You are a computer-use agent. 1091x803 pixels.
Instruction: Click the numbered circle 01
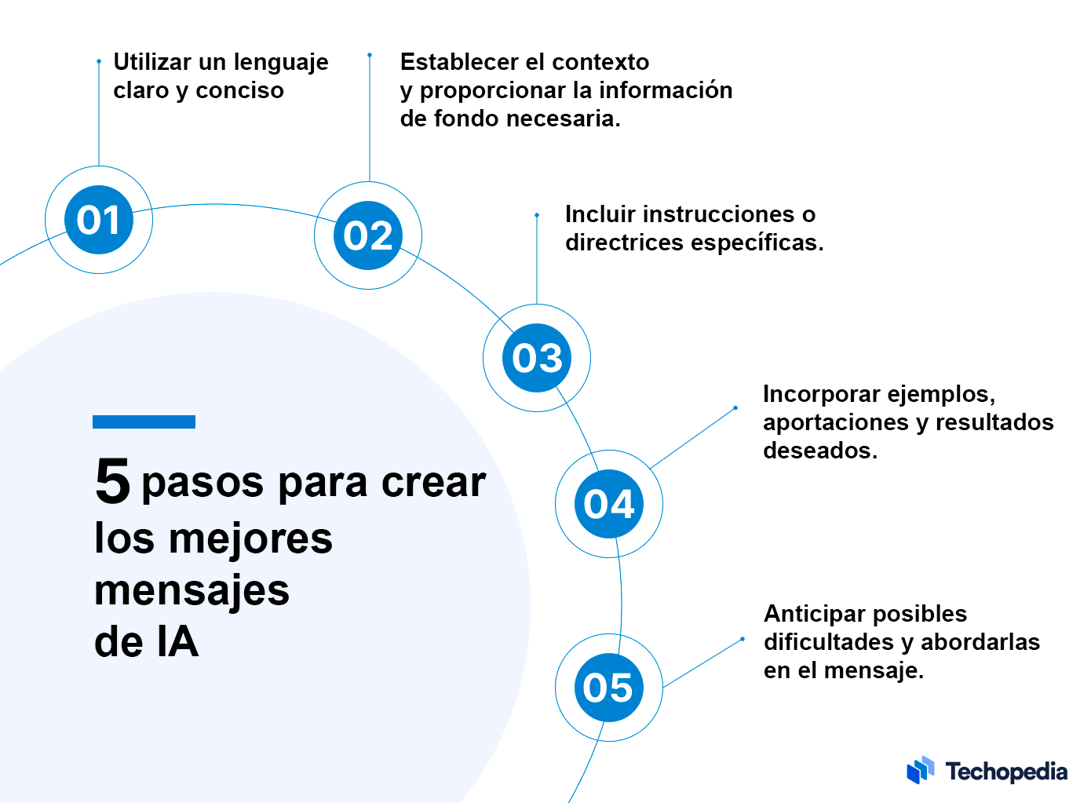click(x=99, y=220)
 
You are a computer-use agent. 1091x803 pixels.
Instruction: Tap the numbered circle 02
click(x=368, y=235)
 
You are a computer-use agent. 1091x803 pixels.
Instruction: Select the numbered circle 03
click(x=537, y=358)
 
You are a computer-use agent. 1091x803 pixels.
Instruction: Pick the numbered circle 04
click(x=609, y=503)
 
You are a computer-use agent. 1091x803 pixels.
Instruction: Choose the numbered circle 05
click(x=609, y=687)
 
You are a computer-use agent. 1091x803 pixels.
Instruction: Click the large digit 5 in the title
click(x=112, y=480)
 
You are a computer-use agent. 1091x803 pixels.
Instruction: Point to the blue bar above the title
click(x=144, y=422)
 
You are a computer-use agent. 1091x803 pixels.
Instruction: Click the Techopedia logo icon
click(x=920, y=770)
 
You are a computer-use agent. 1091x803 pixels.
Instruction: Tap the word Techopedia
click(x=1006, y=772)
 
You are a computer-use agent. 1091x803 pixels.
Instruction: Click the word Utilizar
click(x=152, y=62)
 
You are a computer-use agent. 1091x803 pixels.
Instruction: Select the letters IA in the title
click(x=178, y=642)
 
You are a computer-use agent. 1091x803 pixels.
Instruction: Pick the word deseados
click(x=820, y=450)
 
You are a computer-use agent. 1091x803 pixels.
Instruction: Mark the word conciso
click(x=239, y=90)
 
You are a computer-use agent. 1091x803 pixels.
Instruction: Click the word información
click(x=666, y=90)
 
